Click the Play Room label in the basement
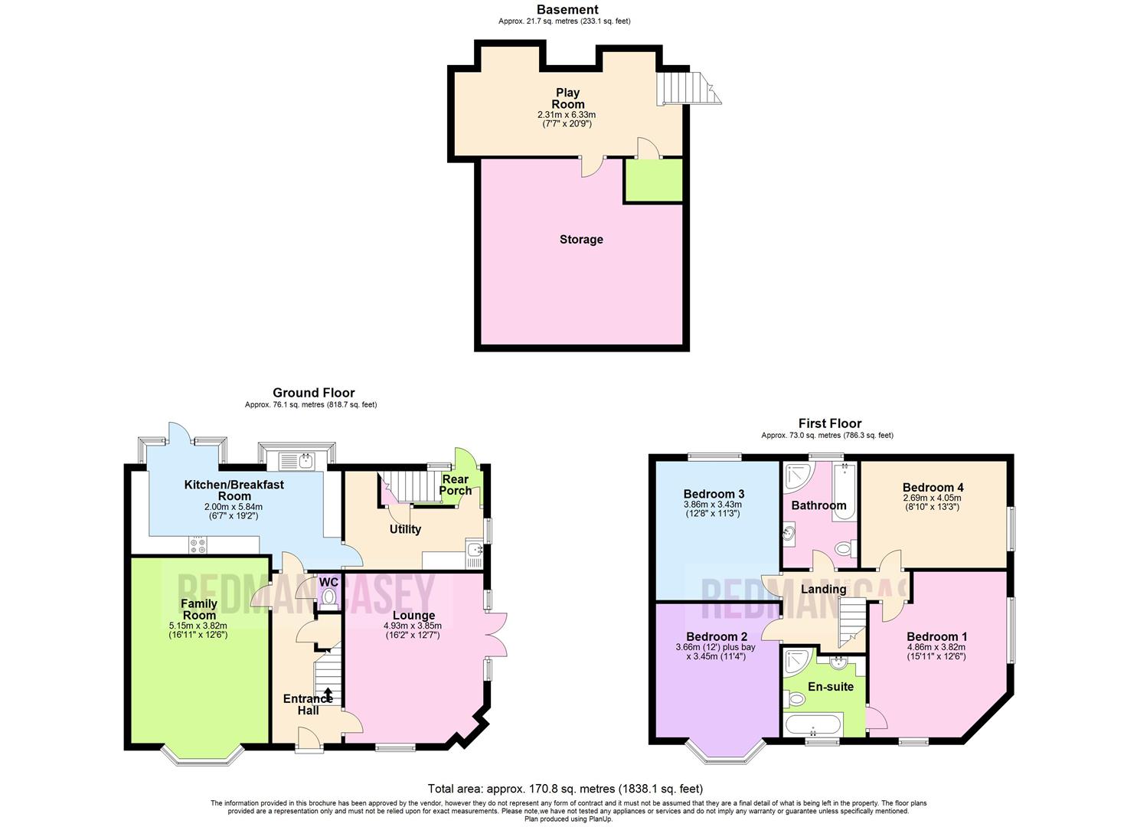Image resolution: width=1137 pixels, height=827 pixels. coord(567,98)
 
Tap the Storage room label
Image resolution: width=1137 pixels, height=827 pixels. coord(581,240)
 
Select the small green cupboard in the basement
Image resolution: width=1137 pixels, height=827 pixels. coord(653,181)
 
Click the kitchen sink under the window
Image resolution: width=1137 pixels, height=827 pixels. coord(296,460)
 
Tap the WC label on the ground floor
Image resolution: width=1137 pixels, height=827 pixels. coord(328,583)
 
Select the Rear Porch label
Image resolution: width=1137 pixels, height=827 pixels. coord(455,485)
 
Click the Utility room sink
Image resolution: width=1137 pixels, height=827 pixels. coord(474,549)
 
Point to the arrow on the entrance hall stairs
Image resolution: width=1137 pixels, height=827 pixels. coord(328,694)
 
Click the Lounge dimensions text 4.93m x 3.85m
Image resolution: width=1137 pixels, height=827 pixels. coord(413,626)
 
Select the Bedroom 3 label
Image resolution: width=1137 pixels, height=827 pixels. coord(714,494)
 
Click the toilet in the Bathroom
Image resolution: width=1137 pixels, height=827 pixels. coord(843,548)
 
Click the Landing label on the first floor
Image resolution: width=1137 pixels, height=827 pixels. coord(823,589)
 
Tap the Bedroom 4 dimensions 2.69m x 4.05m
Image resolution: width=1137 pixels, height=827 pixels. coord(932,498)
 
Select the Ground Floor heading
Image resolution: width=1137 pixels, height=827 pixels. coord(313,393)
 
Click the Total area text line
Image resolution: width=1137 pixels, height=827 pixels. coord(565,789)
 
